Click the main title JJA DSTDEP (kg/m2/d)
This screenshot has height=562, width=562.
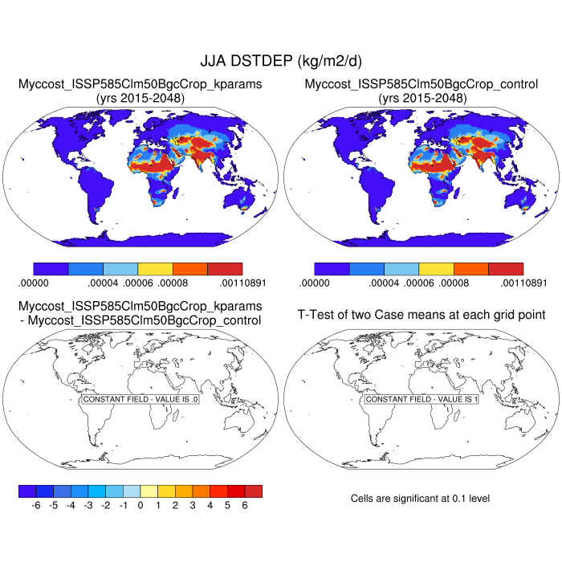click(x=280, y=61)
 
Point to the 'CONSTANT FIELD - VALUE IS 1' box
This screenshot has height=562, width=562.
click(x=421, y=399)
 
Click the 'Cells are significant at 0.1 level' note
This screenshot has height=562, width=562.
click(x=420, y=499)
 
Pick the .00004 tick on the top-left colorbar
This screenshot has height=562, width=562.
click(x=104, y=283)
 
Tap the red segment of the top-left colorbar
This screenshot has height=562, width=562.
click(x=225, y=269)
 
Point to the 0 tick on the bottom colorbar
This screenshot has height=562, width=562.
click(x=140, y=506)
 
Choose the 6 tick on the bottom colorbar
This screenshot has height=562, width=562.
click(x=246, y=506)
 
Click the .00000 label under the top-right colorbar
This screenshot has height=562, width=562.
click(x=315, y=283)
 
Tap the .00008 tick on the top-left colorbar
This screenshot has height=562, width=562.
click(x=173, y=283)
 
